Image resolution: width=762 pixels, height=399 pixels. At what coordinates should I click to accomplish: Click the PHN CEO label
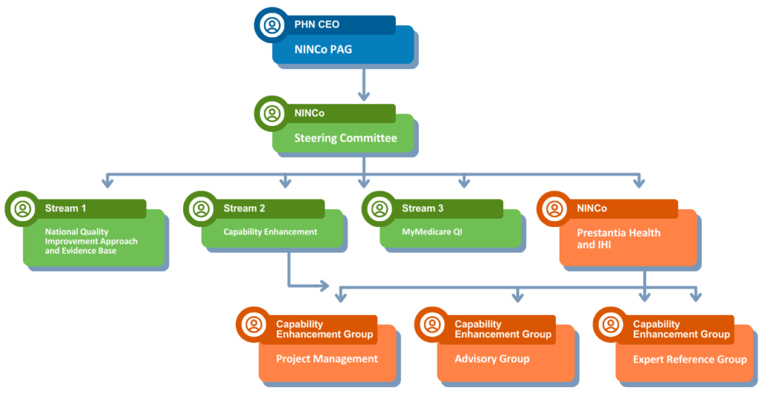tap(317, 25)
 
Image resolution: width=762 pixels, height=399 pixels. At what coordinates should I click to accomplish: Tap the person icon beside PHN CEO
tap(272, 25)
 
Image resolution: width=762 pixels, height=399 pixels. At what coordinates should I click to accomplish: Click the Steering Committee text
tap(345, 138)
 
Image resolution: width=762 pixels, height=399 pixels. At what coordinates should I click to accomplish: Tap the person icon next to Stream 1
tap(23, 208)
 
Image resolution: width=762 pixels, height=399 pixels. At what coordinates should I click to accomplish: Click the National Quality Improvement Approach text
tap(91, 241)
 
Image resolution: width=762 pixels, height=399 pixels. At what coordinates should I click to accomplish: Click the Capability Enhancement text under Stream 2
tap(270, 232)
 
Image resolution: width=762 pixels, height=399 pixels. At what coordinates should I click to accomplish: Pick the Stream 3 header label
tap(423, 208)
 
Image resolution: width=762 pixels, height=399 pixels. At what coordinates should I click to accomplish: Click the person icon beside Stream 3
tap(380, 208)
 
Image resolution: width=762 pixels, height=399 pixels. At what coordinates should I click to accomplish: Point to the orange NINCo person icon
tap(555, 208)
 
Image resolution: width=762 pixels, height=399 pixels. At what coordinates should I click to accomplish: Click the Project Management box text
tap(327, 359)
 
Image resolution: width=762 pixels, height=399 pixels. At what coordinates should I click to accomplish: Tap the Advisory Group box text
tap(492, 359)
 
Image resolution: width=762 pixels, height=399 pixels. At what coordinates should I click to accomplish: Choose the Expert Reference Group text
tap(690, 360)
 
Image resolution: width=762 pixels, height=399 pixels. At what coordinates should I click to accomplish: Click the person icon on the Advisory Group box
tap(432, 325)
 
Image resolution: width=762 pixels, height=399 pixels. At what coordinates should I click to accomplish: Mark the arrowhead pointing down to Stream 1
tap(109, 182)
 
